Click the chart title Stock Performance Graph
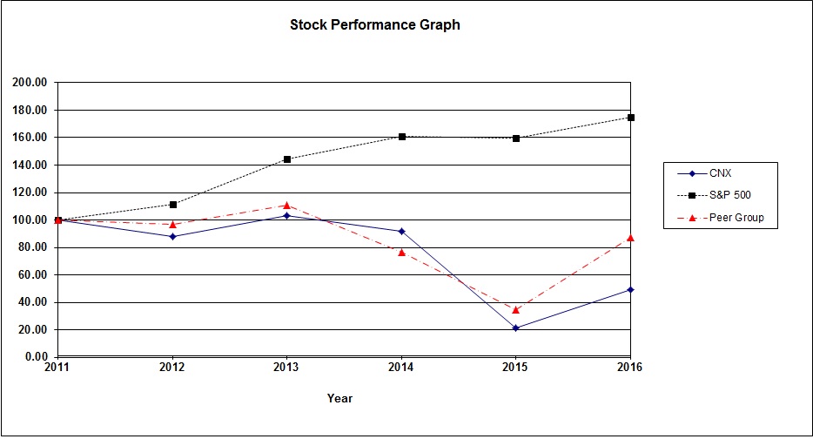374,25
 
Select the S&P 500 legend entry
729,195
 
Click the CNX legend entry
720,173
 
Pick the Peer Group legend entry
736,218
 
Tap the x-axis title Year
339,398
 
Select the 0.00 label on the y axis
35,357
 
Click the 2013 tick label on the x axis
286,368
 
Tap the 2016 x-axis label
629,368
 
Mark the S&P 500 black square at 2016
630,118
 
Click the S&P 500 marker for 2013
286,159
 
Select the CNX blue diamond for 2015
515,328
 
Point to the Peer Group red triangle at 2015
515,309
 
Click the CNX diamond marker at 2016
630,289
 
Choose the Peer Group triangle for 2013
286,206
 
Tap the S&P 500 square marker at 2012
172,205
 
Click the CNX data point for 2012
172,236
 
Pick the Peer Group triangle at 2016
630,238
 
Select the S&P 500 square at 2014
401,137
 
